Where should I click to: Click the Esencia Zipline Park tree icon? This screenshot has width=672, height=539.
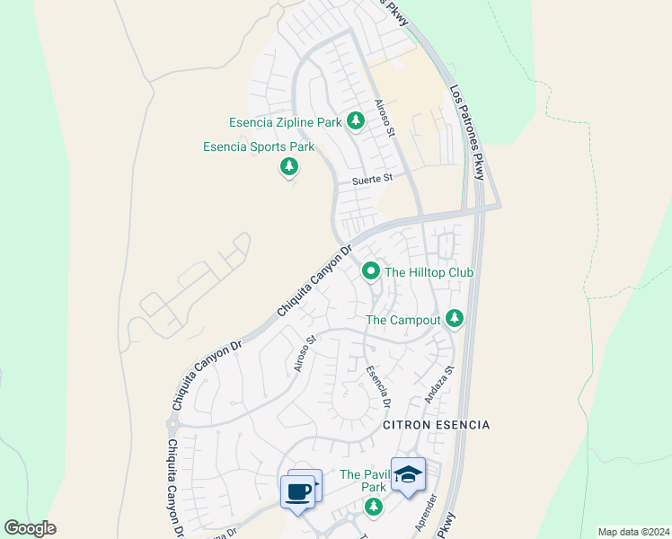tap(356, 119)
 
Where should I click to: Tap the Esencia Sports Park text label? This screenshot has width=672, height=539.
tap(259, 146)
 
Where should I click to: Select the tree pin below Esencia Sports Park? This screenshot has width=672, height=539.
tap(289, 166)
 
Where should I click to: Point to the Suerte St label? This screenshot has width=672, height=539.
tap(373, 179)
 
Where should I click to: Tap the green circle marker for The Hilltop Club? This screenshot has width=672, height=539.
tap(370, 270)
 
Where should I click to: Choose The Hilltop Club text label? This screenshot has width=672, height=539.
tap(429, 271)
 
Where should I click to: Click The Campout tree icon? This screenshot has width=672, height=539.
tap(455, 318)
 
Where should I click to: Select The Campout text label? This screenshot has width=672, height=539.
tap(403, 320)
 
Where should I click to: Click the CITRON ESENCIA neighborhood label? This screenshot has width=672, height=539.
tap(437, 424)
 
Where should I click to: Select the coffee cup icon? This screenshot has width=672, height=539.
tap(298, 491)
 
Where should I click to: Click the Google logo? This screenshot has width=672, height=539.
tap(31, 528)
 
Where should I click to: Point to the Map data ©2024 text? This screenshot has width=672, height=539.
tap(632, 531)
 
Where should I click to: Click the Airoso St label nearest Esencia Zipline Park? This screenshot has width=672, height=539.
tap(385, 119)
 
